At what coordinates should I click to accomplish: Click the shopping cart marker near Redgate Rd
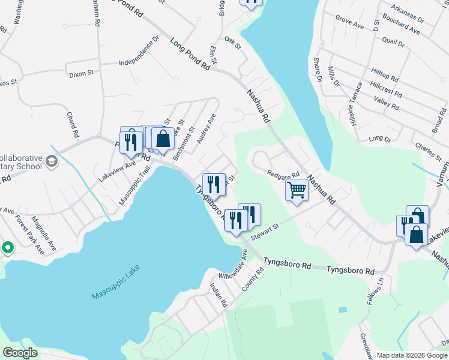tap(297, 190)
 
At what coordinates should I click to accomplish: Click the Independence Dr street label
tap(139, 53)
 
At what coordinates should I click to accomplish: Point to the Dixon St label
tap(82, 73)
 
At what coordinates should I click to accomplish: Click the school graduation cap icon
tap(52, 161)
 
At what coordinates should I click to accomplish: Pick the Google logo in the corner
tap(20, 353)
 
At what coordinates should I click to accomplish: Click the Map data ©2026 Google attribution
tap(412, 355)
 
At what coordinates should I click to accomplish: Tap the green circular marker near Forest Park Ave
tap(7, 247)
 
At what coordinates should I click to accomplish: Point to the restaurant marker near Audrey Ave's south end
tap(214, 183)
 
